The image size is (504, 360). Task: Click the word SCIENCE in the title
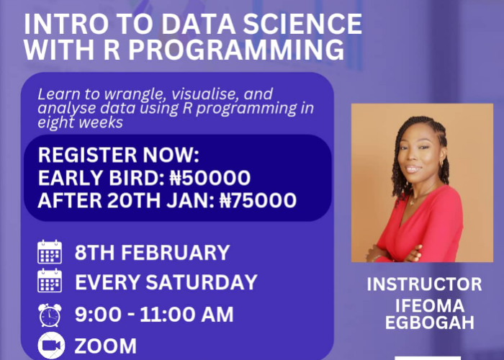tap(302, 24)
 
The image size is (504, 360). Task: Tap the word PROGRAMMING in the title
tap(236, 50)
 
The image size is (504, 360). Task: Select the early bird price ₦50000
tap(210, 178)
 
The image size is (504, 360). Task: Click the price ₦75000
tap(258, 200)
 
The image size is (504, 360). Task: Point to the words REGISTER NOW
tap(118, 155)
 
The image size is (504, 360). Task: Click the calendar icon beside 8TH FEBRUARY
tap(50, 252)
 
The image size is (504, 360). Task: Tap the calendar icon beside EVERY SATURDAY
tap(50, 280)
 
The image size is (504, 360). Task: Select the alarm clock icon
tap(50, 315)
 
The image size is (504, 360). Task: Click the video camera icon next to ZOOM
tap(51, 345)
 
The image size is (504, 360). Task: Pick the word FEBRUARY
tap(175, 252)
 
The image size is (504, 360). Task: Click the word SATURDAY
tap(202, 282)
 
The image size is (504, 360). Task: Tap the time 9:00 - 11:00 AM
tap(154, 315)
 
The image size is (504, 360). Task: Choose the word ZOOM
tap(106, 346)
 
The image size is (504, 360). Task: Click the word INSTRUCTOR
tap(424, 284)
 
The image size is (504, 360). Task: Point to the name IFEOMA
tap(430, 305)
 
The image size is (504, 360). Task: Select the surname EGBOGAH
tap(430, 322)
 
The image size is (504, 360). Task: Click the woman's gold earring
tap(442, 163)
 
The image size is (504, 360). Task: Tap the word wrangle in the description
tap(136, 94)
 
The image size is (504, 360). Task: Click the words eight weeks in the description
tap(81, 122)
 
